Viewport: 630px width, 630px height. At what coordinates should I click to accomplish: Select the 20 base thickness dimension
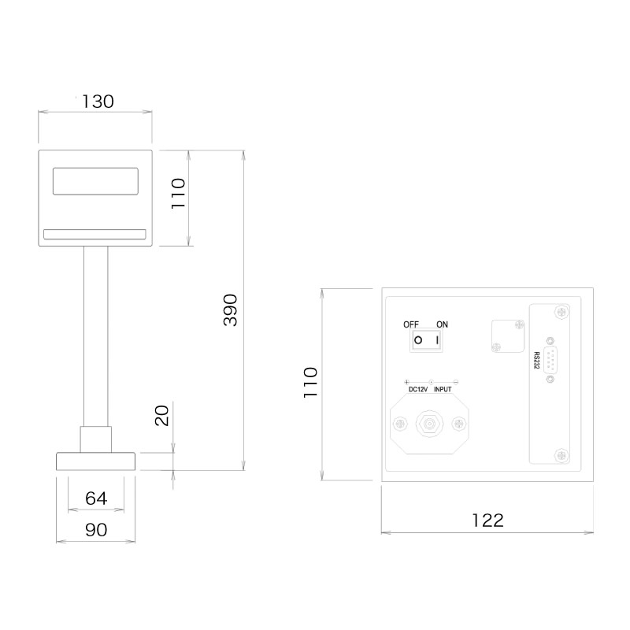(162, 415)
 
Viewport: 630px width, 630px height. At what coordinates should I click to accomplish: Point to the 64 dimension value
(95, 498)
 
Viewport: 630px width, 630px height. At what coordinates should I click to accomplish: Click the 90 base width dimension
(95, 530)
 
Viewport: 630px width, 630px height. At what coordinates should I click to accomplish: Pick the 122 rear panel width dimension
(487, 520)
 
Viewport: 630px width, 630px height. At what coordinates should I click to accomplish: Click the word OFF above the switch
(412, 324)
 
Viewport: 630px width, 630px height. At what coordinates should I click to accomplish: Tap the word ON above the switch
(442, 324)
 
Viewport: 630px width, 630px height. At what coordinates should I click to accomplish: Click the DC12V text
(417, 389)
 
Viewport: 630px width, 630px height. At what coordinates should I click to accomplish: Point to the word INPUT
(443, 389)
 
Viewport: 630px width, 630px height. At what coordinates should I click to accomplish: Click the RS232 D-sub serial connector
(549, 361)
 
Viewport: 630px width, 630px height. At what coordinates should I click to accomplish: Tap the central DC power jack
(430, 424)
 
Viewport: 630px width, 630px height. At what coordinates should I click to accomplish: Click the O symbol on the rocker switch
(419, 341)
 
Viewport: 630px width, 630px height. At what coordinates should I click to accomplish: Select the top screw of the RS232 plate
(561, 312)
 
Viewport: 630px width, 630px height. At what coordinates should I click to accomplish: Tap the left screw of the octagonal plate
(402, 424)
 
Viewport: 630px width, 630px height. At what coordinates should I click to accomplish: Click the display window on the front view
(95, 181)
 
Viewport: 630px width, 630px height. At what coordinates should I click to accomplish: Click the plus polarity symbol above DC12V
(406, 382)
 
